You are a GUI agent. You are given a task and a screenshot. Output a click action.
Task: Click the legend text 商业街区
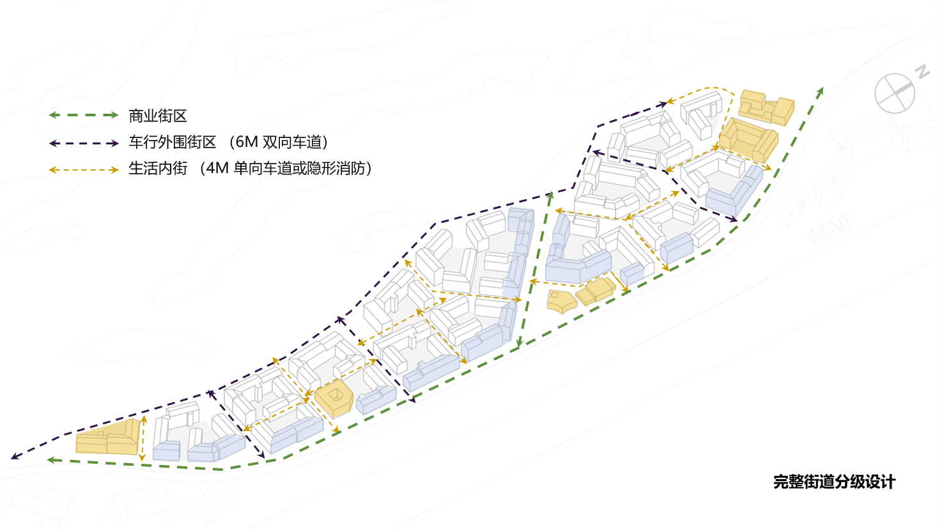pos(158,116)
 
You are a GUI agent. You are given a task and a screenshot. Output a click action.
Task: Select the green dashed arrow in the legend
pos(84,115)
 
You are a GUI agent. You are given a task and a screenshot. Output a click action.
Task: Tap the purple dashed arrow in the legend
pos(84,144)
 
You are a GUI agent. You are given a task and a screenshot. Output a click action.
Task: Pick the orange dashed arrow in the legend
pos(84,170)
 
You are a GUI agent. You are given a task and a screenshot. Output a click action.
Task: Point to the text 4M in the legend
pos(217,169)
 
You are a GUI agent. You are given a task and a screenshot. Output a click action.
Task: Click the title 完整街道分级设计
pos(835,482)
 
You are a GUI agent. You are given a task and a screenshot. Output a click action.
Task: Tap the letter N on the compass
pos(923,72)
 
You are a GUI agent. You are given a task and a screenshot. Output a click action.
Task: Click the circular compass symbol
pos(895,93)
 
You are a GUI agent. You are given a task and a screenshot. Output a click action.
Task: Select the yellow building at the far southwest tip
pos(108,437)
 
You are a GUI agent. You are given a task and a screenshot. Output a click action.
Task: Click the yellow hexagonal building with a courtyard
pos(334,398)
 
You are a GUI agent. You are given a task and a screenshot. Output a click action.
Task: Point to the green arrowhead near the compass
pos(819,93)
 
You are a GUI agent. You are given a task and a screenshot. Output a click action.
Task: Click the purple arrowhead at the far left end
pos(16,456)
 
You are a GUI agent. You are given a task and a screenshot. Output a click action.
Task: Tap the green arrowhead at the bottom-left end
pos(52,460)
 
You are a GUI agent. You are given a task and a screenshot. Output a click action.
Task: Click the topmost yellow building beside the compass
pos(766,107)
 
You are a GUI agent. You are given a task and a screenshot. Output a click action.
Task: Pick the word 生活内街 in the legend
pos(158,169)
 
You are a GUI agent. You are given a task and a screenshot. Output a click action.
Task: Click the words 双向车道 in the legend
pos(291,142)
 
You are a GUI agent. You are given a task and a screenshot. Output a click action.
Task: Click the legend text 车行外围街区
pos(173,142)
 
